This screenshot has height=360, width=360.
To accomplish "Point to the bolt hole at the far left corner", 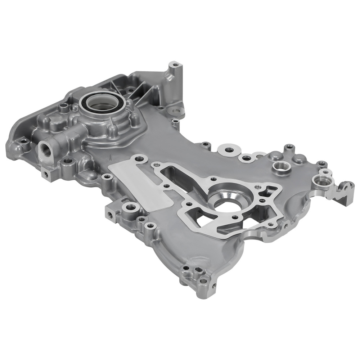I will pyautogui.click(x=24, y=142).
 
